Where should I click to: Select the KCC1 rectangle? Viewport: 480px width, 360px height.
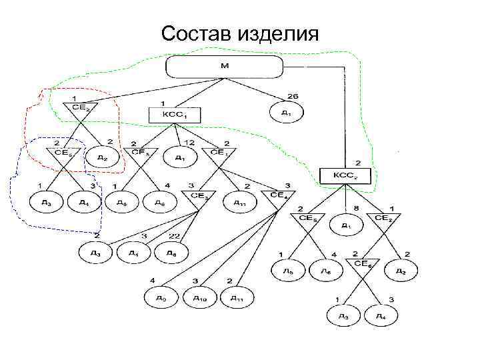pos(167,115)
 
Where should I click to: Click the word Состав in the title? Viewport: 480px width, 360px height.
pos(198,33)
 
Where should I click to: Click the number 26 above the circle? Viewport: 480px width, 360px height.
pos(292,96)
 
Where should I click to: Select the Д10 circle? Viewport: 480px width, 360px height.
pos(200,297)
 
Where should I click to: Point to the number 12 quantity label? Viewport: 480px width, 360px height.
pos(190,144)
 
